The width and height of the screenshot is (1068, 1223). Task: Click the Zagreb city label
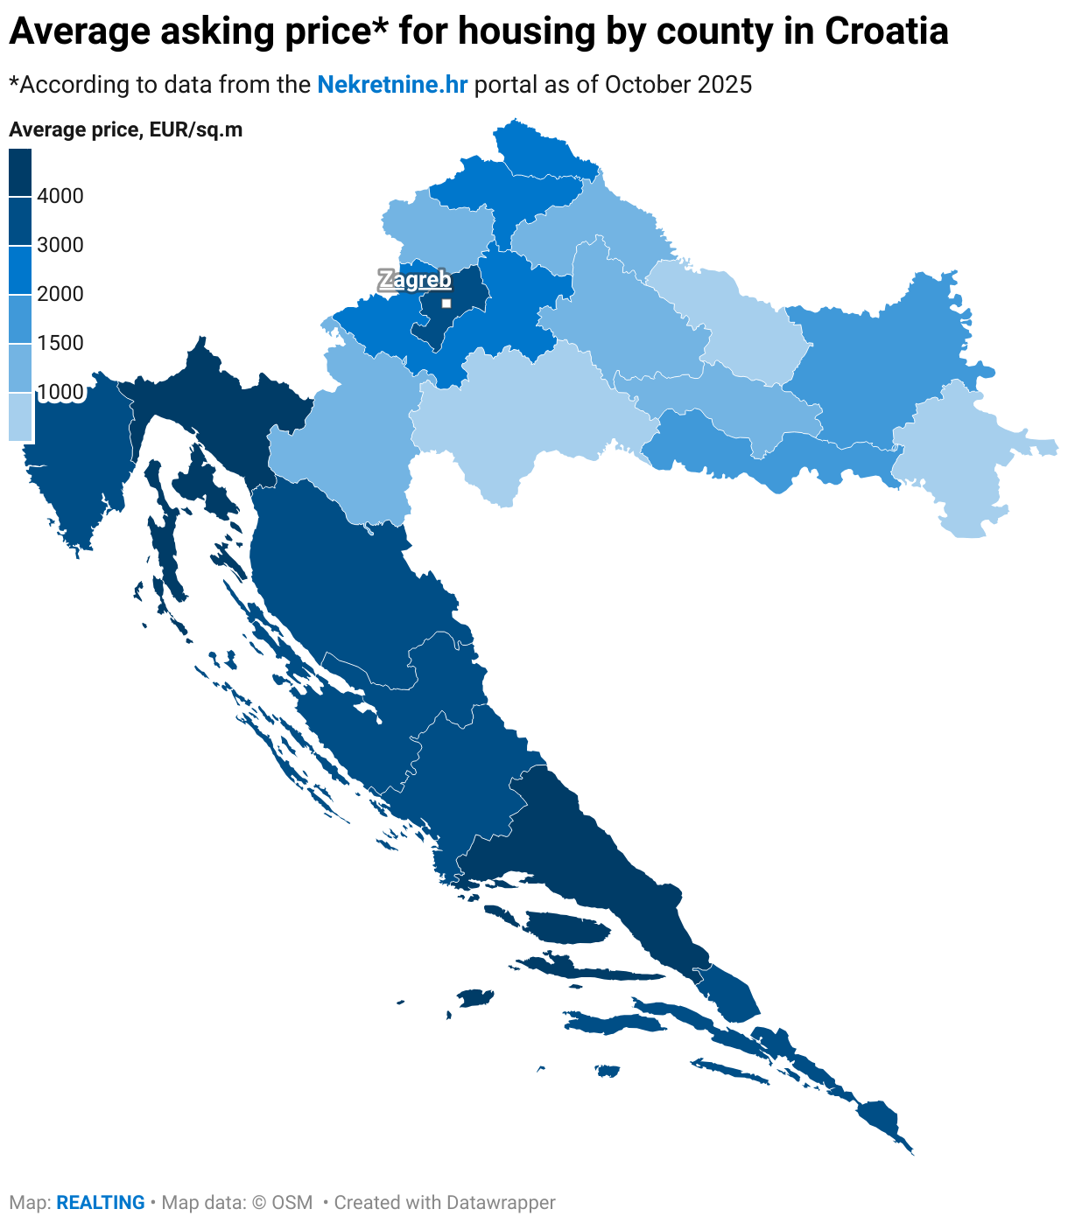click(x=415, y=280)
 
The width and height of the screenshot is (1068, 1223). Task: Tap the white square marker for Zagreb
click(x=446, y=304)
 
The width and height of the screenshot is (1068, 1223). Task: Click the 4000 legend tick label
click(x=60, y=196)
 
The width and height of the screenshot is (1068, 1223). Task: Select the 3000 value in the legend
click(x=60, y=245)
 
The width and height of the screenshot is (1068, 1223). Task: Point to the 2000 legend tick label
click(x=60, y=294)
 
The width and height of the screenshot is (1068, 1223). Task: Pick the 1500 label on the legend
click(x=60, y=343)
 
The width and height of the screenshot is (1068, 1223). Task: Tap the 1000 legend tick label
click(x=60, y=392)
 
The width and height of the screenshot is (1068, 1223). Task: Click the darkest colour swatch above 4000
click(x=20, y=172)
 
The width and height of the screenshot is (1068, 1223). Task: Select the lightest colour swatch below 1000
click(x=20, y=416)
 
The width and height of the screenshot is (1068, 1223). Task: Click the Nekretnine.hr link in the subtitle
click(x=392, y=85)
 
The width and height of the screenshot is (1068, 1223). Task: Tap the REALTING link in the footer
click(x=101, y=1203)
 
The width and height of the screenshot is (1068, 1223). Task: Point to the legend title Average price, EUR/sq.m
click(x=125, y=130)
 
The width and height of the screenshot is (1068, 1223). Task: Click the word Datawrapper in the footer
click(x=501, y=1203)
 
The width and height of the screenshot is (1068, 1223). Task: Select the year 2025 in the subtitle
click(x=725, y=85)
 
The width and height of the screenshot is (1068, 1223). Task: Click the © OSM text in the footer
click(x=282, y=1203)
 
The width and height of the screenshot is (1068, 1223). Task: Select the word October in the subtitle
click(x=647, y=85)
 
